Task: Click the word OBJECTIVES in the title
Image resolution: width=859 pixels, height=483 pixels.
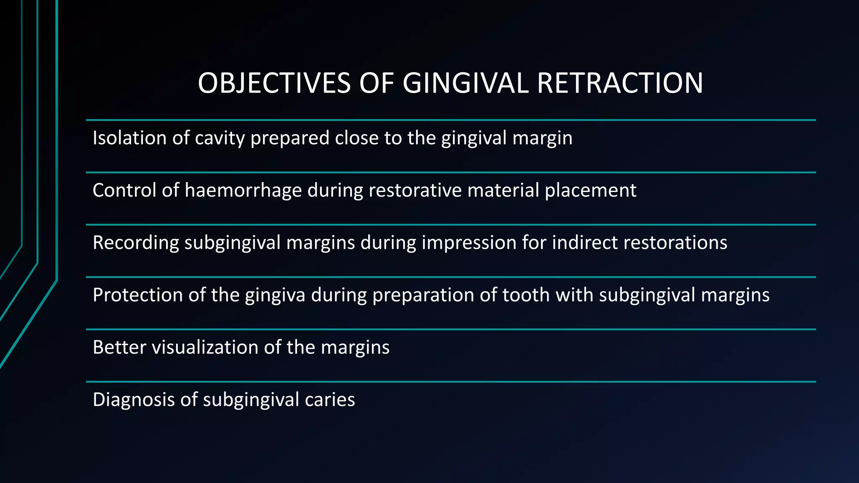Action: (x=274, y=83)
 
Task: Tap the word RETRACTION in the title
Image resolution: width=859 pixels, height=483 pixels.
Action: (x=620, y=83)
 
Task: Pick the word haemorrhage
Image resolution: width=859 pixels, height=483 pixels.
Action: (x=243, y=191)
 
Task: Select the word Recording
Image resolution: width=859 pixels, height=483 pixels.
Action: (x=135, y=243)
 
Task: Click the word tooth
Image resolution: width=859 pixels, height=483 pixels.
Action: (x=526, y=295)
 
